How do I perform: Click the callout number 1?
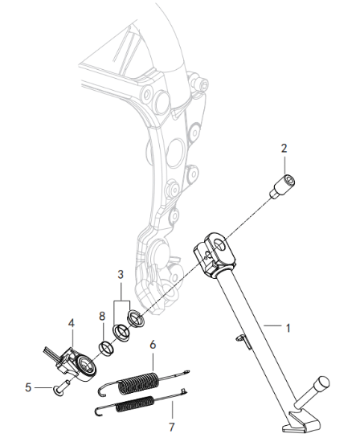[288, 328]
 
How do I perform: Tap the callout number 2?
[284, 148]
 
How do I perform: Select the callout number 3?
[121, 274]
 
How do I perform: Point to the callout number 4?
[72, 323]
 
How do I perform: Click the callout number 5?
[28, 387]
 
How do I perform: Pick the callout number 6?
[153, 345]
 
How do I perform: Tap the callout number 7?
[172, 427]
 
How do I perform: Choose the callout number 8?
[102, 317]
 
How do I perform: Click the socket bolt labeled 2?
[283, 186]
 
